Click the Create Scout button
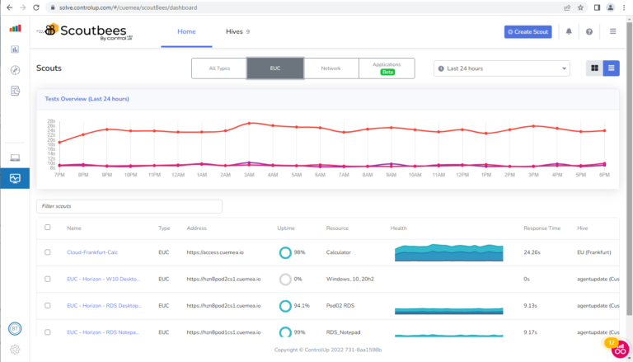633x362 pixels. point(527,31)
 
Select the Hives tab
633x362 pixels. point(237,31)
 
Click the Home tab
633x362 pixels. point(187,31)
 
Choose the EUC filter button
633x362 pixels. point(275,68)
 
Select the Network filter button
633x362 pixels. point(331,68)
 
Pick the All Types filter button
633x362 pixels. point(219,68)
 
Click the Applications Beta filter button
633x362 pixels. point(387,68)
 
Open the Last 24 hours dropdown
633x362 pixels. point(501,68)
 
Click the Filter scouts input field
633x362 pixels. point(129,206)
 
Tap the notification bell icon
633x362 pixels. point(569,31)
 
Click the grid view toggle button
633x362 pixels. point(594,68)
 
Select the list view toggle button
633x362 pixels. point(612,68)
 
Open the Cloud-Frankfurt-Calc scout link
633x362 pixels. point(92,252)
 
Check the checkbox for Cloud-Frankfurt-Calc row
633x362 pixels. point(48,252)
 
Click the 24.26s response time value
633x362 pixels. point(535,252)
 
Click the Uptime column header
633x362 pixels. point(287,228)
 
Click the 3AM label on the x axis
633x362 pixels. point(248,175)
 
